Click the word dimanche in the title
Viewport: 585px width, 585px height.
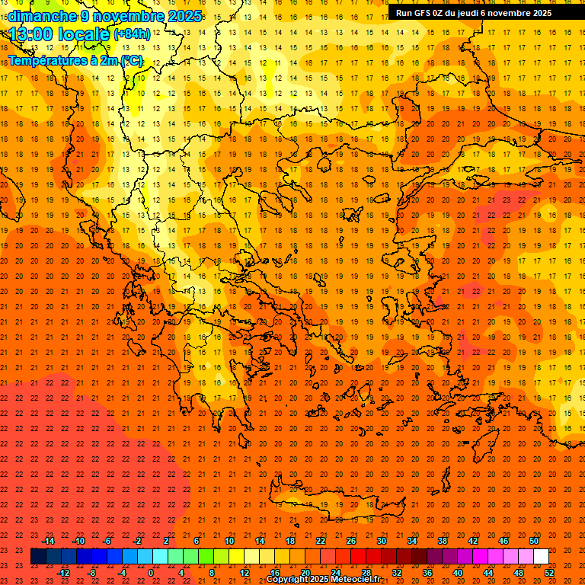click(x=43, y=15)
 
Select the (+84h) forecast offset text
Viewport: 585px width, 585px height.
click(x=132, y=34)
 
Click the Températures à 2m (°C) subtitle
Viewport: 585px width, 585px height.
click(x=75, y=60)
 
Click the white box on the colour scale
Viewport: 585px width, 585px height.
click(x=541, y=557)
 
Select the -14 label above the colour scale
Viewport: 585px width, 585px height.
click(x=48, y=541)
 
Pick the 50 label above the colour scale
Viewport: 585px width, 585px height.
click(x=533, y=541)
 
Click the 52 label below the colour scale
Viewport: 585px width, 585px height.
click(x=549, y=572)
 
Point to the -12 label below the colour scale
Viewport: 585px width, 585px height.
click(x=63, y=572)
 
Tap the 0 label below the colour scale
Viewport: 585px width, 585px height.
click(x=151, y=572)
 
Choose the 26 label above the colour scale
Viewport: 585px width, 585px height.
click(x=350, y=541)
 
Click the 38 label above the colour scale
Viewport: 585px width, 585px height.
click(x=442, y=541)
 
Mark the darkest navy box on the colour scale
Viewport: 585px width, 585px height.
click(x=38, y=557)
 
